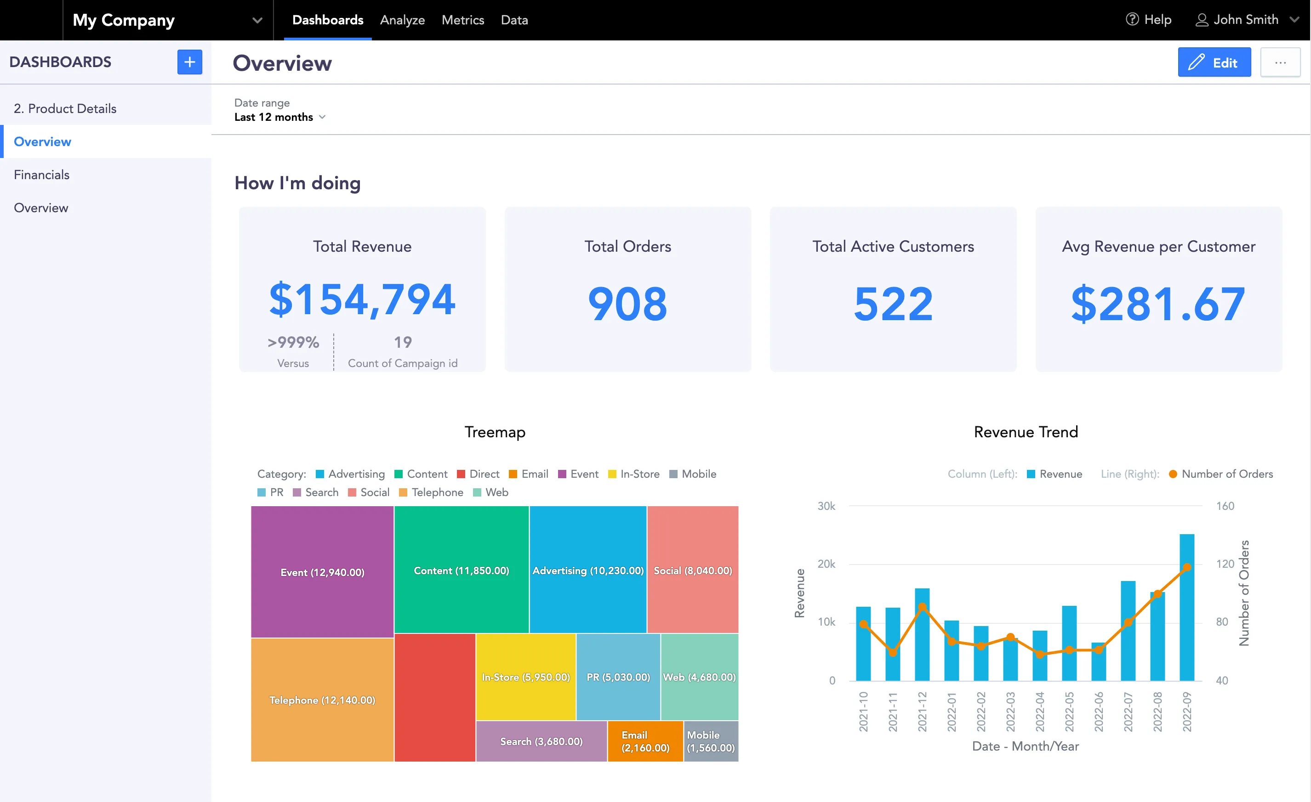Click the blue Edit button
1214,63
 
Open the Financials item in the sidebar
41,175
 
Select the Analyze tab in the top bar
402,20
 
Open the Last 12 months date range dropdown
279,117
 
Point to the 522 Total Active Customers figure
893,304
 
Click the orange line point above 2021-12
922,607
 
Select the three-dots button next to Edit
1280,63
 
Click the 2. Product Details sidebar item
65,108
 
